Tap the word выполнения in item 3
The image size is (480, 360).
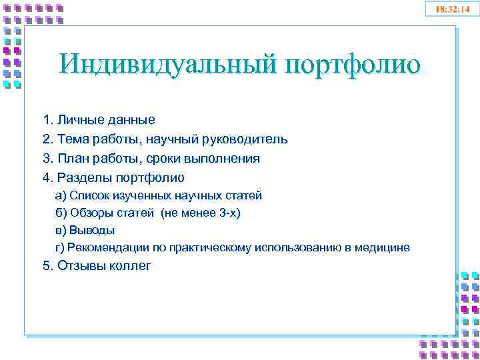tap(223, 159)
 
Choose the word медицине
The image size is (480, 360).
tap(383, 248)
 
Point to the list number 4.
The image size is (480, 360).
tap(47, 178)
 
